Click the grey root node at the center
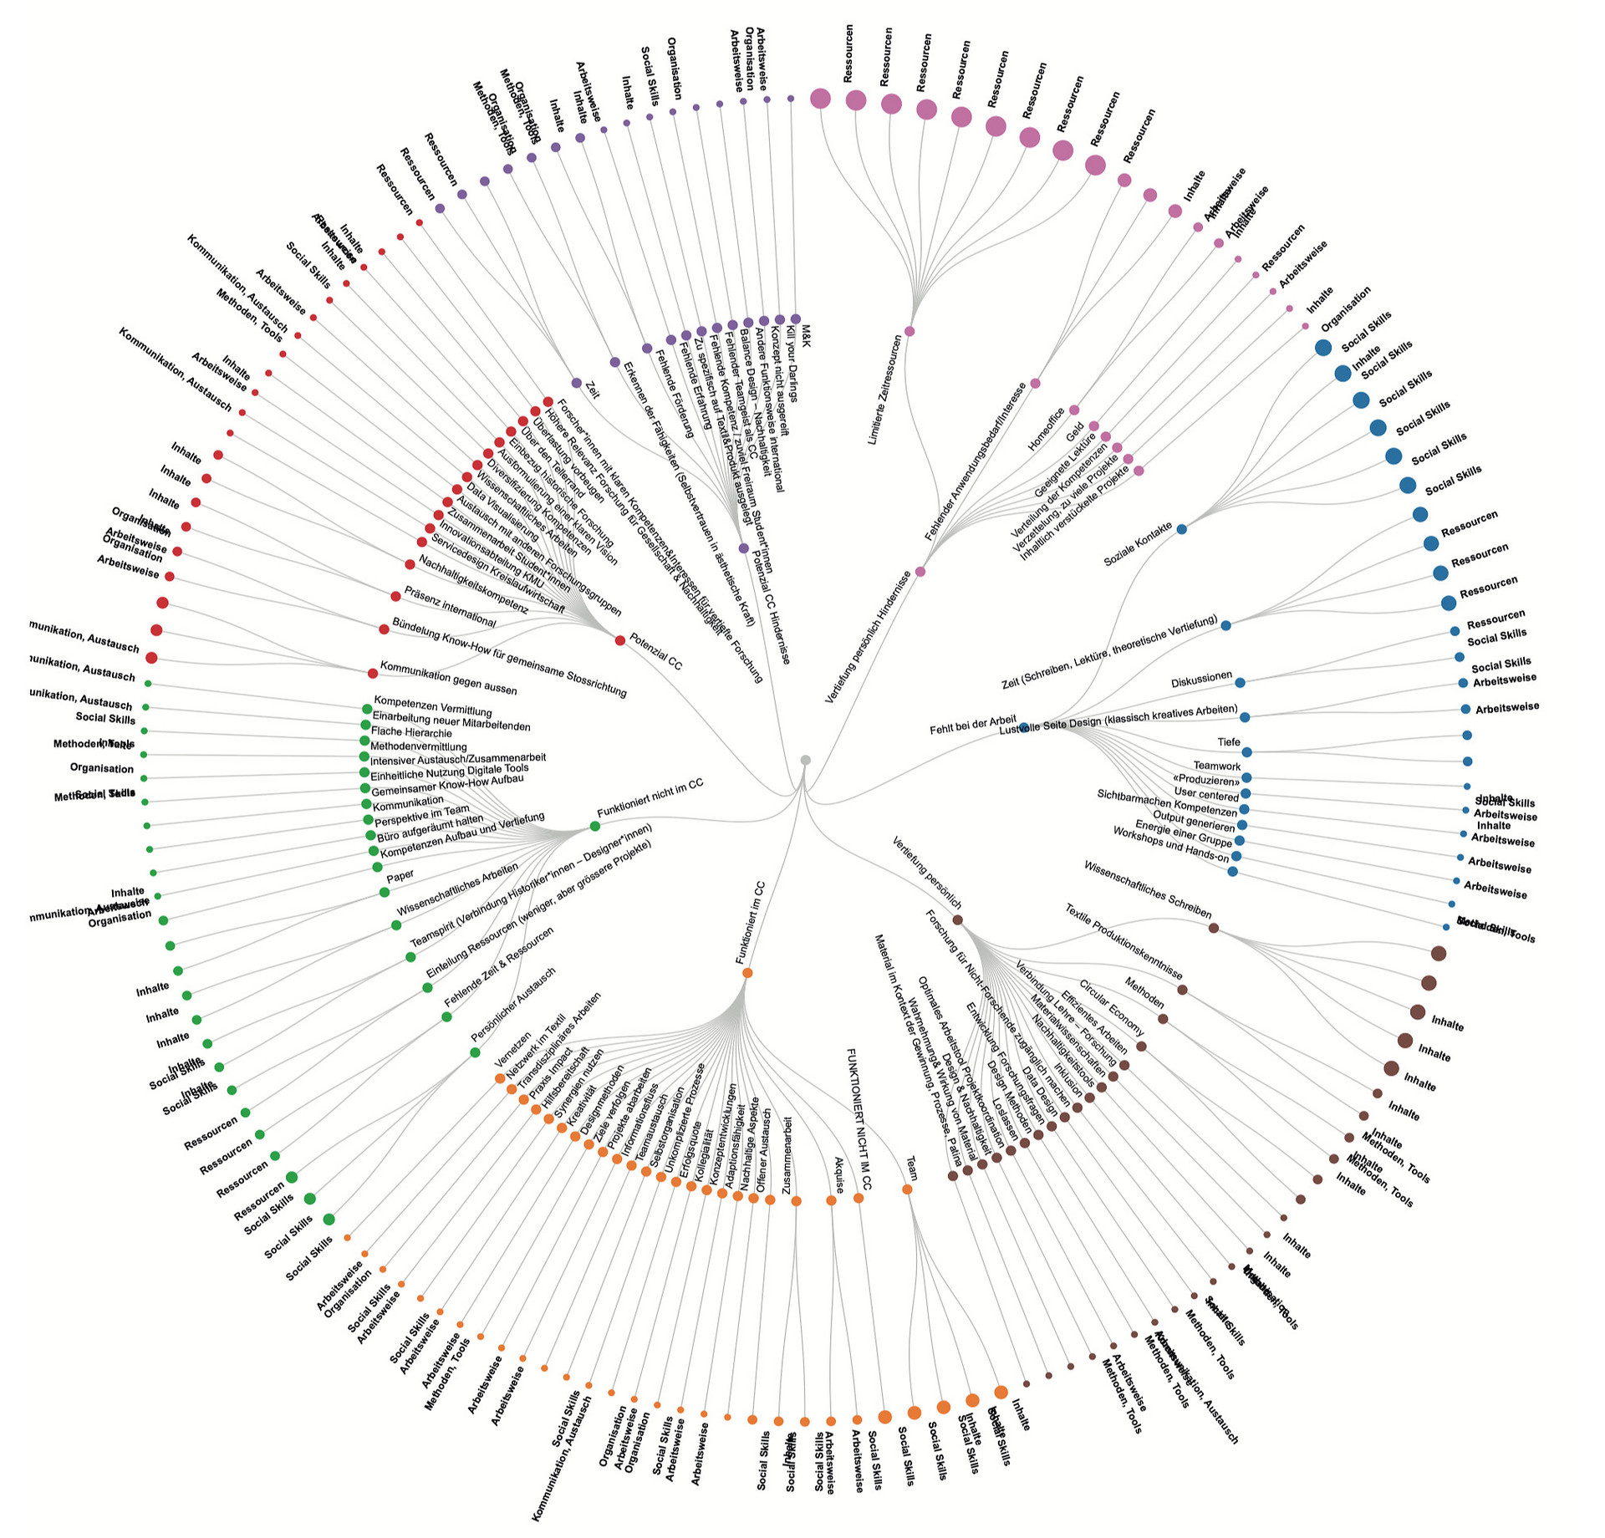click(x=805, y=760)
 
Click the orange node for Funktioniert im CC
click(x=747, y=973)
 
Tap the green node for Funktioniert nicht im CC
click(x=595, y=826)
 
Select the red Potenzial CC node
click(x=619, y=640)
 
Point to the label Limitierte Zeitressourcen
click(x=885, y=390)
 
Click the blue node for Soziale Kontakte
click(x=1181, y=529)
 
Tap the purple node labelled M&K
click(x=796, y=318)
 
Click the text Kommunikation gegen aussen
click(x=448, y=678)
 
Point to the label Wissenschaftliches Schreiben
click(x=1147, y=890)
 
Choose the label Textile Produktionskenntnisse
click(x=1123, y=942)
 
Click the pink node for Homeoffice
click(x=1074, y=410)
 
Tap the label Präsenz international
click(x=450, y=607)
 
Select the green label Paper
click(x=400, y=877)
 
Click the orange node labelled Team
click(x=908, y=1189)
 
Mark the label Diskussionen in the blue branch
click(x=1201, y=680)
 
